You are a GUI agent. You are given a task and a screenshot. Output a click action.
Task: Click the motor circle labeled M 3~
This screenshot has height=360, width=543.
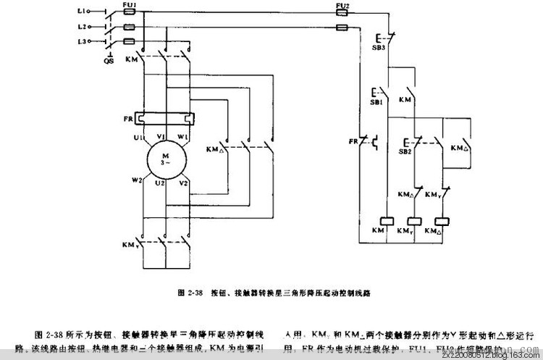(167, 161)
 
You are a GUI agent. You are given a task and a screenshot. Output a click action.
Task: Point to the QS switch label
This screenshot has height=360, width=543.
(109, 62)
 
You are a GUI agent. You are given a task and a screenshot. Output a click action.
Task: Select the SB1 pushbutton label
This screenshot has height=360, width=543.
(376, 103)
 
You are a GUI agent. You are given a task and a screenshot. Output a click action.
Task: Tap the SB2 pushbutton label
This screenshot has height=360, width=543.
(403, 153)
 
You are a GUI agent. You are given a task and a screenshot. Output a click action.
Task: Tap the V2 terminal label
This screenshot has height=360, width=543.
(186, 183)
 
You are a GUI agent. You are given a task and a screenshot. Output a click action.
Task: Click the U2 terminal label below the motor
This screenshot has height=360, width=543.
(161, 185)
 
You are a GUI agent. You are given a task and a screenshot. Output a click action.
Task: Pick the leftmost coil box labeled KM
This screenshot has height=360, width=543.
(386, 220)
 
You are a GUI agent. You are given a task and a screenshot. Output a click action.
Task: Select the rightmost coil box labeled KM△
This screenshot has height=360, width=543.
(439, 220)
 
